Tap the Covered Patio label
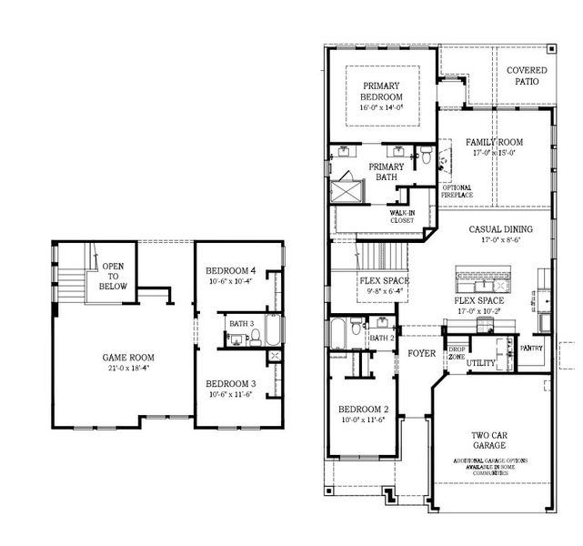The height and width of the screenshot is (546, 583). pos(528,76)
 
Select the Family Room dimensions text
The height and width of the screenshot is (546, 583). pos(494,154)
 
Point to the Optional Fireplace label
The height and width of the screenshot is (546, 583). pos(457,191)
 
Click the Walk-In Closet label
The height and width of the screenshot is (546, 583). pos(401,216)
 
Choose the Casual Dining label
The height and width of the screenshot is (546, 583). pos(499,229)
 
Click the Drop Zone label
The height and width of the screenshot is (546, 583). pos(457,353)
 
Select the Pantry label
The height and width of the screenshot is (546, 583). pos(531,348)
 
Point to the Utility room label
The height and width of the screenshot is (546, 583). pos(481,362)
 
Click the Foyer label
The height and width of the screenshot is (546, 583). pos(422,353)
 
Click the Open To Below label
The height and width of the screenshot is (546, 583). pos(115,276)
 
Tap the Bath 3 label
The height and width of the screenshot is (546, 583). pos(240,323)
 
